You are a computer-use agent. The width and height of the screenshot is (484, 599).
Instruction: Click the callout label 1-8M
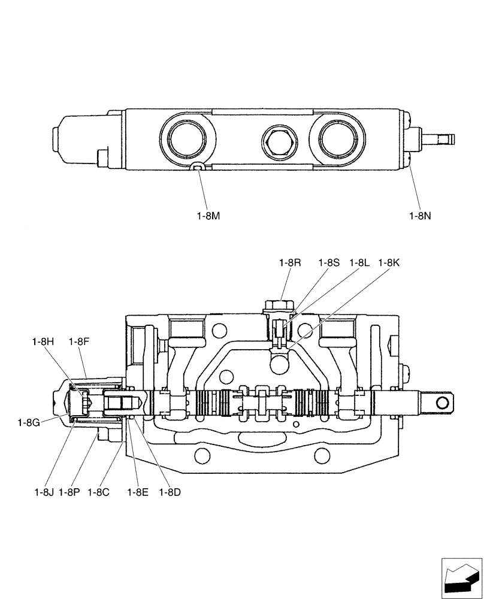click(208, 215)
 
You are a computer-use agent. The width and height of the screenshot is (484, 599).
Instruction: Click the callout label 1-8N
click(420, 215)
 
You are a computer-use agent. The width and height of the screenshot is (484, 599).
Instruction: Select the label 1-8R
click(289, 262)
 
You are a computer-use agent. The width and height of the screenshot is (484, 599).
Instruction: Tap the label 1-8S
click(329, 262)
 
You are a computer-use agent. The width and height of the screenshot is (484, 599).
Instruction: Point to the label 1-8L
click(359, 262)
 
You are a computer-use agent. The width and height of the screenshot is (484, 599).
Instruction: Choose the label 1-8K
click(389, 262)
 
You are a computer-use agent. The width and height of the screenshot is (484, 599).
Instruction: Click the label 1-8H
click(43, 341)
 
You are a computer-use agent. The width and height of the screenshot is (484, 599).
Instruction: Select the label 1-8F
click(79, 341)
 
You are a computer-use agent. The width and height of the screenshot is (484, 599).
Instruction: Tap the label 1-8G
click(29, 422)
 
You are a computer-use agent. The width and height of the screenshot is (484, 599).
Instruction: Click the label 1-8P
click(69, 492)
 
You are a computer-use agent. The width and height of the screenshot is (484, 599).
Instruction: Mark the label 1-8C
click(98, 492)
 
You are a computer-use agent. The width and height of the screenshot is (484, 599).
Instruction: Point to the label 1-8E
click(137, 492)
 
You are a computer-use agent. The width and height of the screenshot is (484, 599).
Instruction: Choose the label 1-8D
click(170, 492)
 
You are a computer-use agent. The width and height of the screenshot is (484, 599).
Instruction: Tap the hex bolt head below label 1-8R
click(280, 306)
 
